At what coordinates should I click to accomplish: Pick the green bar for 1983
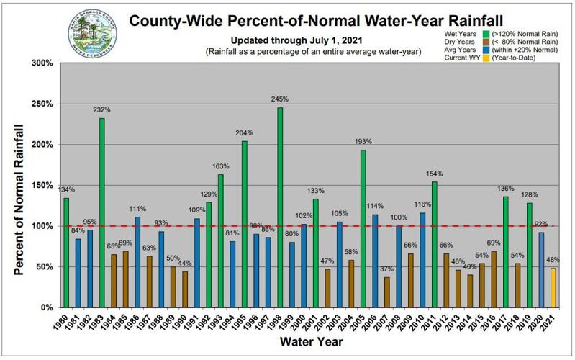[x=102, y=212]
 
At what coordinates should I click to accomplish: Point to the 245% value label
[x=280, y=99]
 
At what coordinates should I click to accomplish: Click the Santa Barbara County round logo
[x=91, y=33]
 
